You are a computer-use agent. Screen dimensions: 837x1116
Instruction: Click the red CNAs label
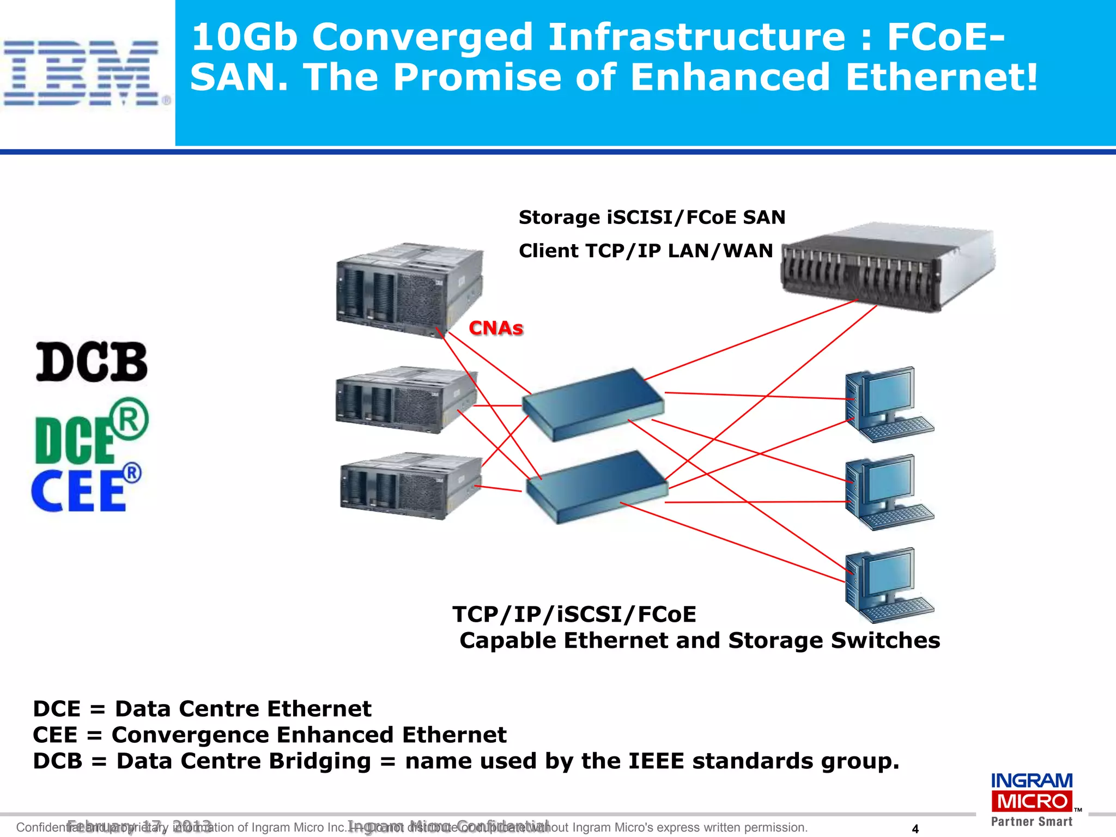[496, 328]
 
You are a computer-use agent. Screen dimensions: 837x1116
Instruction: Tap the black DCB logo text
[92, 362]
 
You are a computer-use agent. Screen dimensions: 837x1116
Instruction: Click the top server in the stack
[409, 289]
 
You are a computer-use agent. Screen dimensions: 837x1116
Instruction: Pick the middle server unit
[406, 401]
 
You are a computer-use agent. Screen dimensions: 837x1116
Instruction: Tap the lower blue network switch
[597, 487]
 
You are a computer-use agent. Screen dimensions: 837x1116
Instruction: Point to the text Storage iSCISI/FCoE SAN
[652, 217]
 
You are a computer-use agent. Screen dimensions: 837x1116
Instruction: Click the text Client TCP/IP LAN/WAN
[646, 251]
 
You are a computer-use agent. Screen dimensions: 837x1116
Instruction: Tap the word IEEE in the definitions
[656, 761]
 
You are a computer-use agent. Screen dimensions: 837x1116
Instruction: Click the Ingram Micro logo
[1032, 799]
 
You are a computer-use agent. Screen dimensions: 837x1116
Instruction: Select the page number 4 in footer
[915, 829]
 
